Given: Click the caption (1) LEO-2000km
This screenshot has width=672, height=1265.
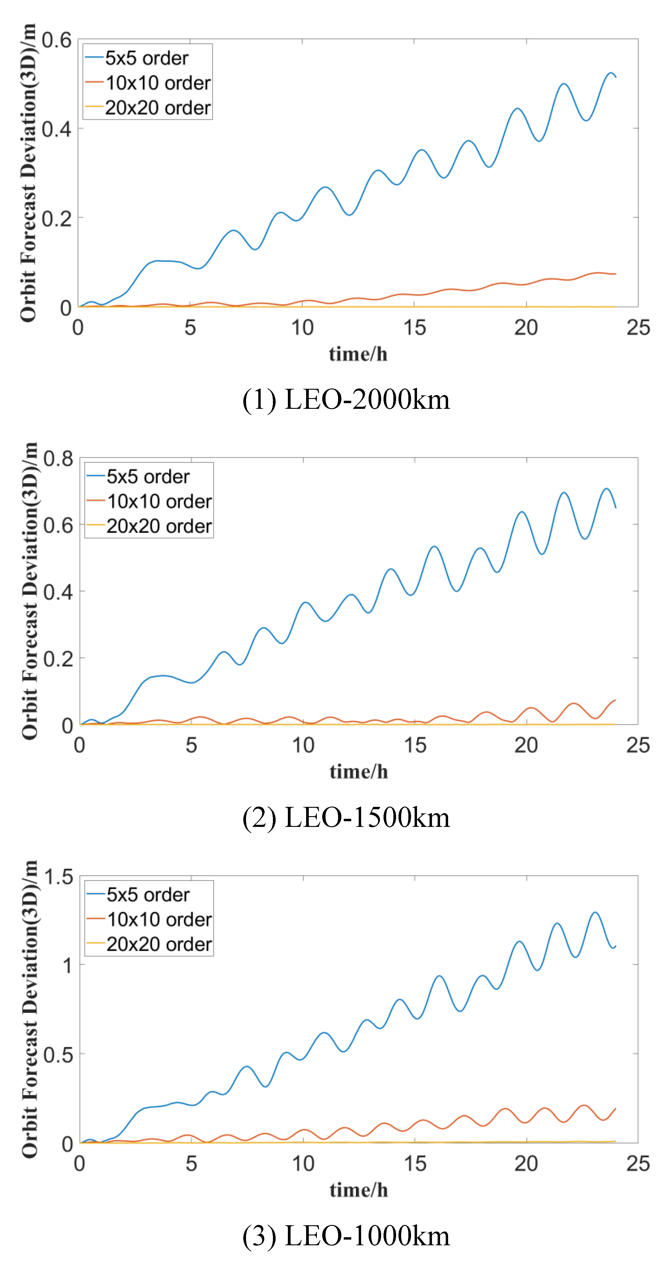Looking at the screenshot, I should [x=346, y=399].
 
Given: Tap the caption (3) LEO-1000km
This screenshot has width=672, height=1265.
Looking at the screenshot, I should [x=346, y=1235].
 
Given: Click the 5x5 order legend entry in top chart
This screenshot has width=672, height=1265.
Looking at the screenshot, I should [x=146, y=58].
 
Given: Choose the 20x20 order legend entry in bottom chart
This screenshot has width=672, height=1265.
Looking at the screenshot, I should [x=159, y=944].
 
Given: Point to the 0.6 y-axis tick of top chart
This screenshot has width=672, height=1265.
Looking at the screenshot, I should [x=56, y=40].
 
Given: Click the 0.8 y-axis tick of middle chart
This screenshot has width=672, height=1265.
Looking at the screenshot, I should [x=58, y=459].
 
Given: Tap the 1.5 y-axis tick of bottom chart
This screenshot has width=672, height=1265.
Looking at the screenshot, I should [x=58, y=877].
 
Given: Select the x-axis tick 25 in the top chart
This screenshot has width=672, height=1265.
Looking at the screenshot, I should [x=638, y=328].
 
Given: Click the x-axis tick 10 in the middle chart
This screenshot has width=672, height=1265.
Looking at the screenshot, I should [x=303, y=745].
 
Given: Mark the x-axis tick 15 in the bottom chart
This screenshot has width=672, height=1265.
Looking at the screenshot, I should [x=415, y=1163].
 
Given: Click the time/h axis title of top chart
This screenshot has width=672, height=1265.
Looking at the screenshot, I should [x=358, y=354].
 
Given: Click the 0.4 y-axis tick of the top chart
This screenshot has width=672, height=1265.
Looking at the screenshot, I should [x=56, y=129].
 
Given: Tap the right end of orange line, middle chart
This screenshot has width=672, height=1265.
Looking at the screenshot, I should [x=615, y=700].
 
